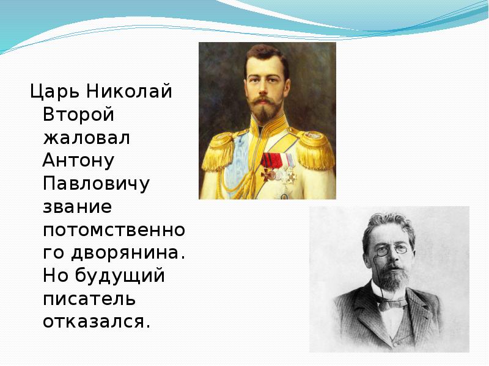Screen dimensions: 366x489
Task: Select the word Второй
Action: (79, 115)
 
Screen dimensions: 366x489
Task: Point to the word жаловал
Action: (86, 138)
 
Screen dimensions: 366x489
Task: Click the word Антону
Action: (79, 160)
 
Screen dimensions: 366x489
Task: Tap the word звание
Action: (78, 206)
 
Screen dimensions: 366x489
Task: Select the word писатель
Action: (89, 298)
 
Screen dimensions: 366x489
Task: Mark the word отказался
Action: (96, 321)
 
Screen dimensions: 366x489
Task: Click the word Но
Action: (56, 276)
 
